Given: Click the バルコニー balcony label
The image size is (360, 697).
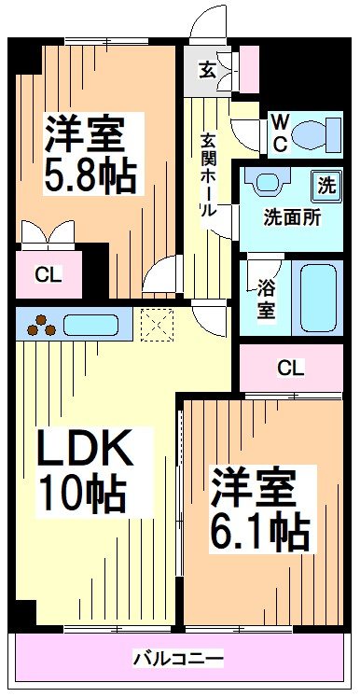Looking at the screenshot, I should tap(177, 660).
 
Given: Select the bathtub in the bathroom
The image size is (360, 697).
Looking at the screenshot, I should tap(317, 296).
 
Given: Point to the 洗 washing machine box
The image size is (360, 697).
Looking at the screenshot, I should tap(325, 185).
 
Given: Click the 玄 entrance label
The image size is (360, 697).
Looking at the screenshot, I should tap(205, 67).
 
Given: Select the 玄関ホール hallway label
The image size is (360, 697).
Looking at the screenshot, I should tap(208, 174).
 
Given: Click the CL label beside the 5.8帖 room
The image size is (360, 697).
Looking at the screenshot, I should tap(44, 274).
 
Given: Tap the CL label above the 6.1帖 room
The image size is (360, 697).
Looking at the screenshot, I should tap(290, 368).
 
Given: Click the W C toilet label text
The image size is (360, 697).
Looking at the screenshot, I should tap(278, 132).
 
